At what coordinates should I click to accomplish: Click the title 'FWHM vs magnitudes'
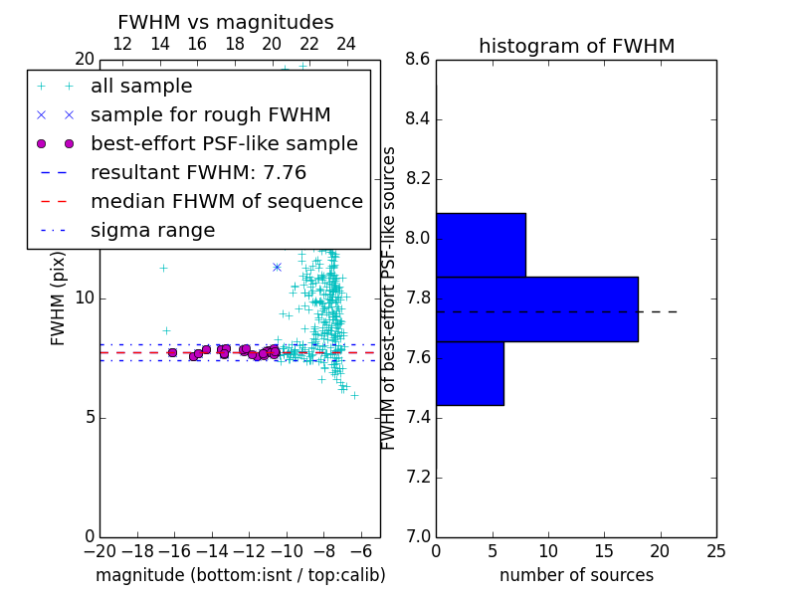pyautogui.click(x=226, y=22)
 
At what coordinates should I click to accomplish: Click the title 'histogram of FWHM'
pyautogui.click(x=577, y=46)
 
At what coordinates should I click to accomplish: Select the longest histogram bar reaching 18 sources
pyautogui.click(x=537, y=309)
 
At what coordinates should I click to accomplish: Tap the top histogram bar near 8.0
pyautogui.click(x=482, y=245)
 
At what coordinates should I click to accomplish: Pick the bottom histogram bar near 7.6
pyautogui.click(x=470, y=374)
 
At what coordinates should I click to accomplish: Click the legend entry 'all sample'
pyautogui.click(x=141, y=87)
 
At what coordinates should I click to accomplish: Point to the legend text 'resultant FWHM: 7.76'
pyautogui.click(x=198, y=172)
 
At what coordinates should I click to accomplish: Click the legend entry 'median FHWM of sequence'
pyautogui.click(x=227, y=202)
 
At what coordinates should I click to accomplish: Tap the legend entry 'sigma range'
pyautogui.click(x=153, y=231)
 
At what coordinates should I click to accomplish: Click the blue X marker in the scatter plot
pyautogui.click(x=277, y=267)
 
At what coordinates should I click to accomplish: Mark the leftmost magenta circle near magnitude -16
pyautogui.click(x=172, y=353)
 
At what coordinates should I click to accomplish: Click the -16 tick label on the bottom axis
pyautogui.click(x=175, y=551)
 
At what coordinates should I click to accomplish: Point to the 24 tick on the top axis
pyautogui.click(x=346, y=44)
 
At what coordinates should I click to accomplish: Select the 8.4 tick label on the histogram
pyautogui.click(x=418, y=119)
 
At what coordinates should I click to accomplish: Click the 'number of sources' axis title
pyautogui.click(x=577, y=575)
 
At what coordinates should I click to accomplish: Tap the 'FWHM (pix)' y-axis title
pyautogui.click(x=58, y=299)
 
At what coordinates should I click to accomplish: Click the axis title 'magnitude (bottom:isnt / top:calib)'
pyautogui.click(x=241, y=575)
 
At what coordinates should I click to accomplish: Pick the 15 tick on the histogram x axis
pyautogui.click(x=605, y=551)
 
